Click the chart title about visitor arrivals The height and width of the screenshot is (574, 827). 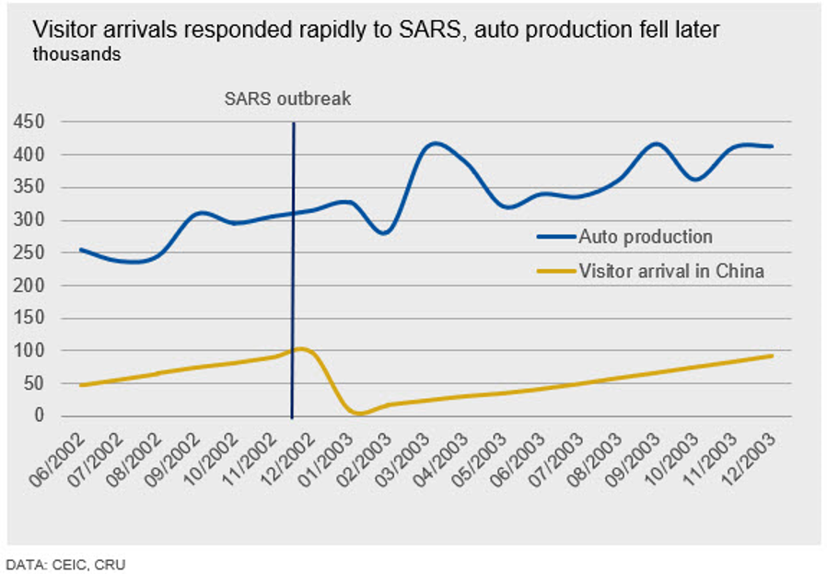click(x=376, y=30)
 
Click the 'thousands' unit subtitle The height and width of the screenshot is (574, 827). click(x=76, y=54)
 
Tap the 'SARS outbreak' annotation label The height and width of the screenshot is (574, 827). click(x=288, y=99)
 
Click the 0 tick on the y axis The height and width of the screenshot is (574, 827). click(x=38, y=416)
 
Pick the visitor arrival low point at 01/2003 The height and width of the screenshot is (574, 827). click(x=358, y=414)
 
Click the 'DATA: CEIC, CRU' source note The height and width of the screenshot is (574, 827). click(x=65, y=563)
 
